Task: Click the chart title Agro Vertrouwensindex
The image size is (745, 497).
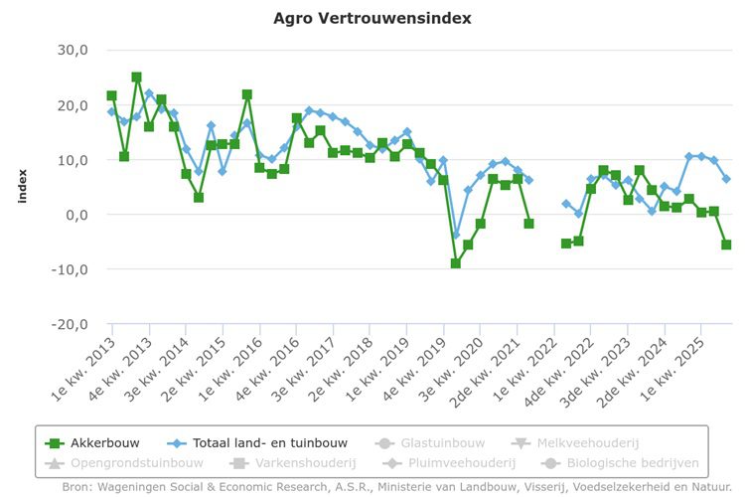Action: click(x=372, y=18)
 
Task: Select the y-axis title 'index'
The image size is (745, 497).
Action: click(x=21, y=187)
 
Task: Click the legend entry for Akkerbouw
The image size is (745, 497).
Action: click(x=105, y=443)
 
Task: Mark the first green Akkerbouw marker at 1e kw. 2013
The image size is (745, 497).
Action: click(x=111, y=96)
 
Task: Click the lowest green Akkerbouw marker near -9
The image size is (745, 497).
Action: click(x=456, y=263)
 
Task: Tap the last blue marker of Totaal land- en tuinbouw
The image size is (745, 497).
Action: click(x=726, y=179)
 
